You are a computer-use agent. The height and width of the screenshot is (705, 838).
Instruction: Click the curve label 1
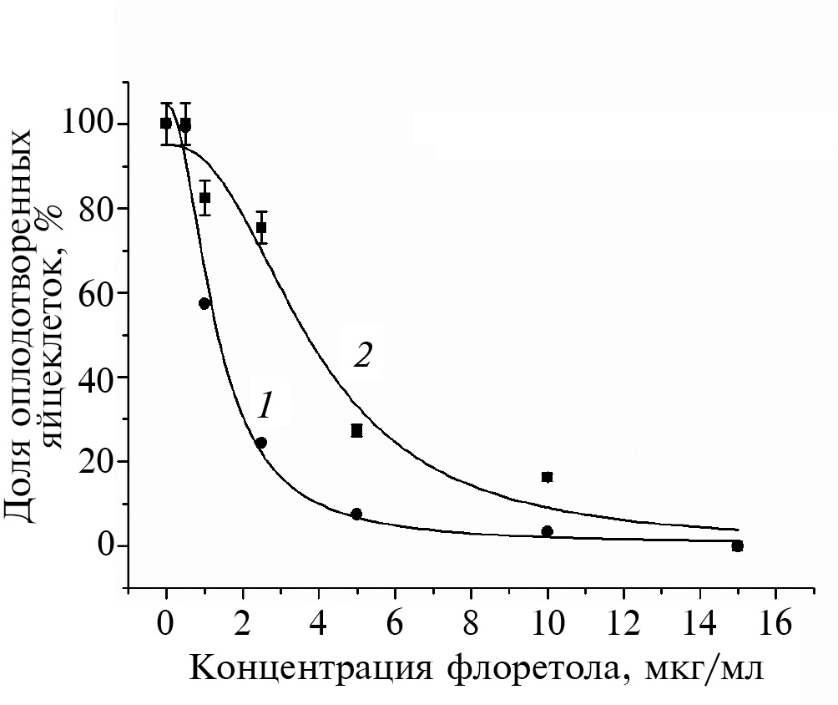[265, 406]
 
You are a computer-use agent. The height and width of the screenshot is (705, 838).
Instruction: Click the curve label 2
[362, 356]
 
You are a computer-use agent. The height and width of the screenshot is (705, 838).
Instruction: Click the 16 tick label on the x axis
[775, 623]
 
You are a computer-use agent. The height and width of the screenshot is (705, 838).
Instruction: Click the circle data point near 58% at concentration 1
[204, 303]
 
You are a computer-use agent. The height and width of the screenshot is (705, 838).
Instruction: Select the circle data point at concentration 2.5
[261, 443]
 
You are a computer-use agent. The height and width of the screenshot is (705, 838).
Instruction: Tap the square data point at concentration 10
[548, 477]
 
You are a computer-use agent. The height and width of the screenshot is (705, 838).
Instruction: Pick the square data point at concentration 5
[356, 430]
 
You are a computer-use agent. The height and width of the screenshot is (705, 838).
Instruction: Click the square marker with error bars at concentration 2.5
[261, 227]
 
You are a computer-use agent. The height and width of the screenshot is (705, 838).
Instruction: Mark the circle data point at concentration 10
[548, 531]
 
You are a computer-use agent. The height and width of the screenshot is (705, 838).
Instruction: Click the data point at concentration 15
[737, 545]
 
